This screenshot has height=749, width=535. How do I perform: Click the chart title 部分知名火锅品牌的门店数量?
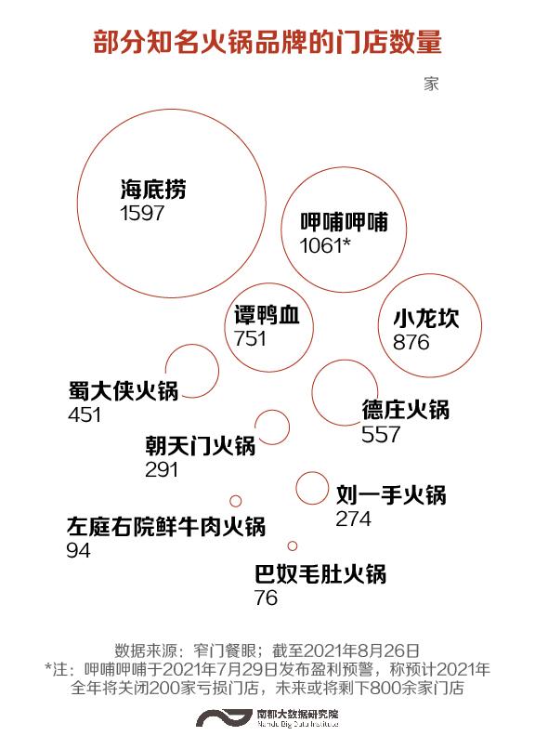point(267,42)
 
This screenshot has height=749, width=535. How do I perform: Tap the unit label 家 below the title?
point(431,84)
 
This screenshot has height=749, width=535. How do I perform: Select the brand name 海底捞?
point(153,190)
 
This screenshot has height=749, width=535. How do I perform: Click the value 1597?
point(142,213)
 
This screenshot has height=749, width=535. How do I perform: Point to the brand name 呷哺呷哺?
point(344,222)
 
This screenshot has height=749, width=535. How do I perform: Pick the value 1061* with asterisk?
point(325,245)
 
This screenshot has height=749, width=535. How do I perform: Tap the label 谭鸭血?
point(267,315)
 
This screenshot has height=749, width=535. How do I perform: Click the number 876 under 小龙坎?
point(411,342)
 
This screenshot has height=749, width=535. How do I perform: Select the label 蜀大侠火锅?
point(124,390)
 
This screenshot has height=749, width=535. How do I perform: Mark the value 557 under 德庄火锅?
point(381,434)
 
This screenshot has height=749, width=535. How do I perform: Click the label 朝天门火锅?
point(201,446)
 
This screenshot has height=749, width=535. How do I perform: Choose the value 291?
point(162,469)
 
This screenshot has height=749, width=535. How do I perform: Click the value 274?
point(353,519)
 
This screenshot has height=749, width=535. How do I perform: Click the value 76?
point(266,598)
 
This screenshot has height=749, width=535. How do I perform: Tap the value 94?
point(78,551)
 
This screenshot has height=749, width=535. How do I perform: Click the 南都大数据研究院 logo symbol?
point(223,717)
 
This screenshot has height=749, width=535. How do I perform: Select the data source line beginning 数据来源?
point(267,650)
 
